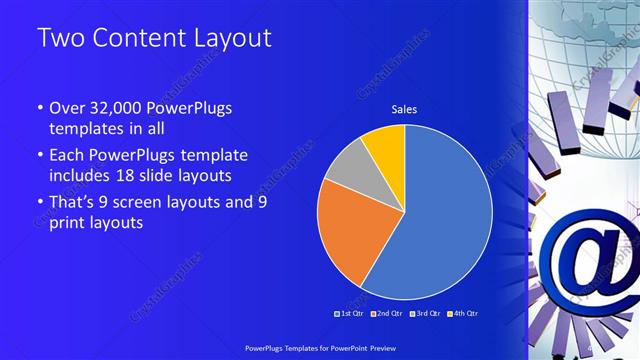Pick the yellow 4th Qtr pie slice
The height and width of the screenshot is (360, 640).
coord(386,144)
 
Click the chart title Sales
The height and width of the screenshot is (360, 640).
coord(404,109)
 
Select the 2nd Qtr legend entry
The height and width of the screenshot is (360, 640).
coord(389,314)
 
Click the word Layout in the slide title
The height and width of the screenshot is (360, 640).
coord(223,39)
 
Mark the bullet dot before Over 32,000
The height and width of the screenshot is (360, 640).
coord(40,109)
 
